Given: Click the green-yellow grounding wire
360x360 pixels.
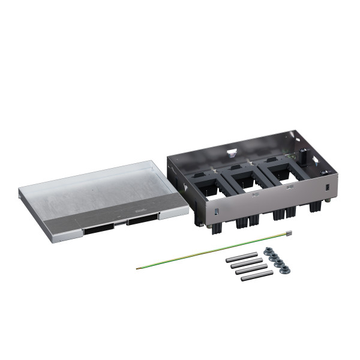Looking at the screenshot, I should coord(210,250).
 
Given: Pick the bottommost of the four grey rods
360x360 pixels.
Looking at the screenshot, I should coord(257,275).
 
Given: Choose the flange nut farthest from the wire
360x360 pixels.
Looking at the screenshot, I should coord(286,268).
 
